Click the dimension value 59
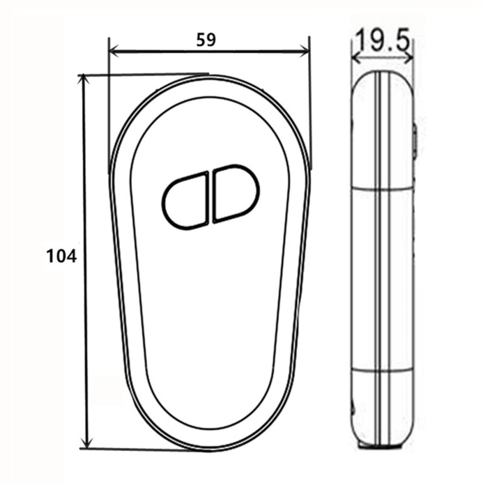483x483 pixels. (206, 40)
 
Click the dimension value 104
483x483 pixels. (61, 256)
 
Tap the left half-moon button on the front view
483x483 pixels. (185, 201)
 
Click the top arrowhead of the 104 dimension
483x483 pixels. (82, 80)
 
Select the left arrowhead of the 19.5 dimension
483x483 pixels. (356, 58)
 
